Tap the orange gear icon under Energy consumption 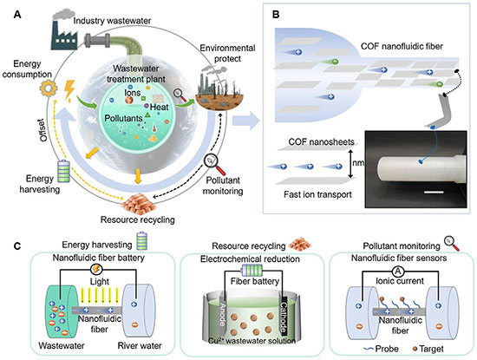tap(49, 88)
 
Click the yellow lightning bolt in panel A tap(69, 89)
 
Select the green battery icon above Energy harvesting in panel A tap(64, 171)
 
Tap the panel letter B tap(276, 14)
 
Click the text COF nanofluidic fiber tap(402, 46)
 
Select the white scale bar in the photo tap(434, 192)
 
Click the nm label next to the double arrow tap(358, 163)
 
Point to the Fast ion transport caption tap(317, 194)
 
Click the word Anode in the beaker tap(222, 314)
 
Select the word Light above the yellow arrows tap(100, 281)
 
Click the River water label tap(140, 346)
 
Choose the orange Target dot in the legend tap(415, 349)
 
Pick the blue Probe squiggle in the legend tap(369, 349)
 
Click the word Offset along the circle tap(43, 130)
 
